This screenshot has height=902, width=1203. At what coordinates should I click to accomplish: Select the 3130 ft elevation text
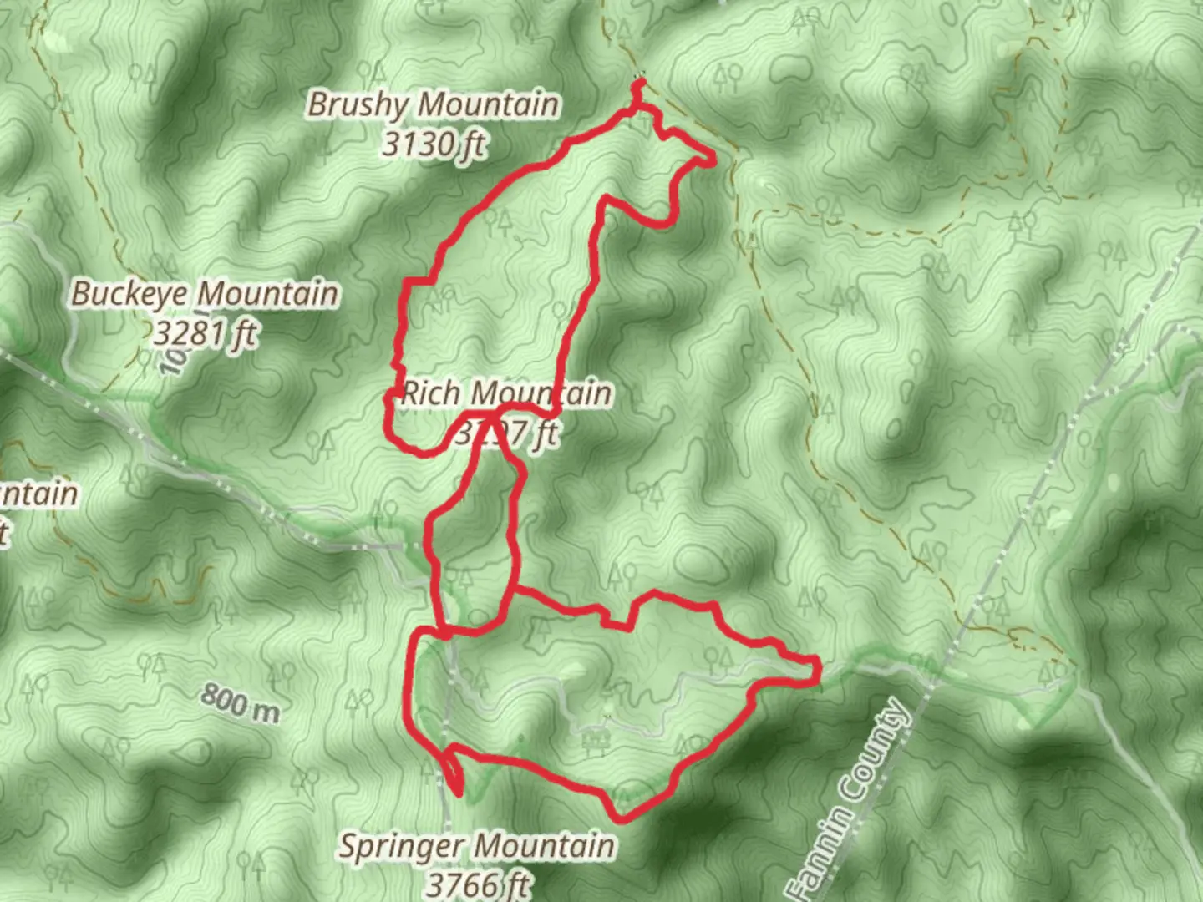(x=434, y=144)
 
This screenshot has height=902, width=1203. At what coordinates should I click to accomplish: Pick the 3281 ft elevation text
(x=206, y=334)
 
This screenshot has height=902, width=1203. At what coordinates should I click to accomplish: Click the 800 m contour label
(x=240, y=702)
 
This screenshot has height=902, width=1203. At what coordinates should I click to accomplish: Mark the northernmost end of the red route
(x=639, y=81)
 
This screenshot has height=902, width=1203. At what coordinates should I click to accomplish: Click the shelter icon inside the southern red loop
(x=594, y=741)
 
